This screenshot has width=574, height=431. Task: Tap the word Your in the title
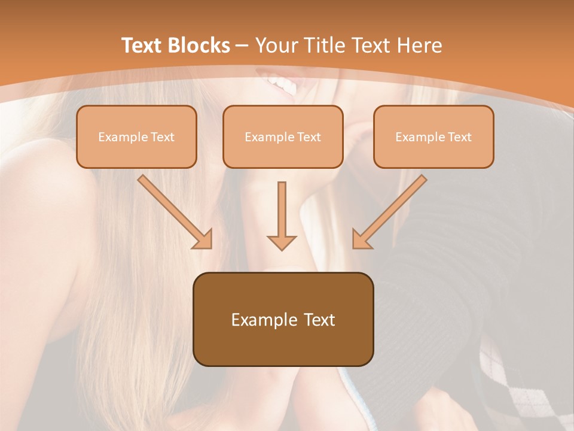click(x=277, y=45)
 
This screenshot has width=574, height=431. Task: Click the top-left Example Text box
click(x=136, y=136)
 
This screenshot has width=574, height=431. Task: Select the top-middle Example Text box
click(x=283, y=136)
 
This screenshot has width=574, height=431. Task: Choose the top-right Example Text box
click(x=433, y=136)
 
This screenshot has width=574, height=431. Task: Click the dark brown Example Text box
click(x=283, y=319)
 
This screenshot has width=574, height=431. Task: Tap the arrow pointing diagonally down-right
click(x=175, y=211)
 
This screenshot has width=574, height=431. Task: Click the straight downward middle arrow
click(x=282, y=215)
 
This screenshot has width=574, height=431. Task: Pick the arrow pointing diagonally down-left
click(x=389, y=211)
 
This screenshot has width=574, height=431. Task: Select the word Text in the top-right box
click(x=459, y=137)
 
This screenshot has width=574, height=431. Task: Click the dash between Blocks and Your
click(x=242, y=45)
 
